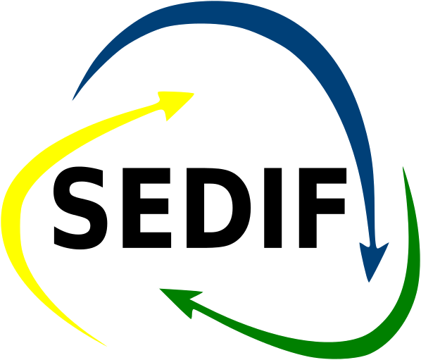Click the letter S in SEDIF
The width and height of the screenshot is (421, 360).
coord(80,208)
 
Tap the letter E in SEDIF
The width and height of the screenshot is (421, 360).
coord(146,208)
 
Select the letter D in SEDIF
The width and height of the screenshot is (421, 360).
coord(218,208)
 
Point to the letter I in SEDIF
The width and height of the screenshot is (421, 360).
coord(272,208)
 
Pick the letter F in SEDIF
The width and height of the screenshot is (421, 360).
coord(322,208)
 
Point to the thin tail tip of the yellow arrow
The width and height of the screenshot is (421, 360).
coord(106,346)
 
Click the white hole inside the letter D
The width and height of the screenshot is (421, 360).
coord(218,208)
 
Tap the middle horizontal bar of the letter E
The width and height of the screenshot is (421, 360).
coord(154,206)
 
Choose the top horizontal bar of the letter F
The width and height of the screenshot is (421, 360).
coord(322,175)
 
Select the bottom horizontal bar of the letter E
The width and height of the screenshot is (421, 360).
coord(156,240)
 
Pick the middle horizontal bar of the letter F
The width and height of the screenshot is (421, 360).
coord(330,206)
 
